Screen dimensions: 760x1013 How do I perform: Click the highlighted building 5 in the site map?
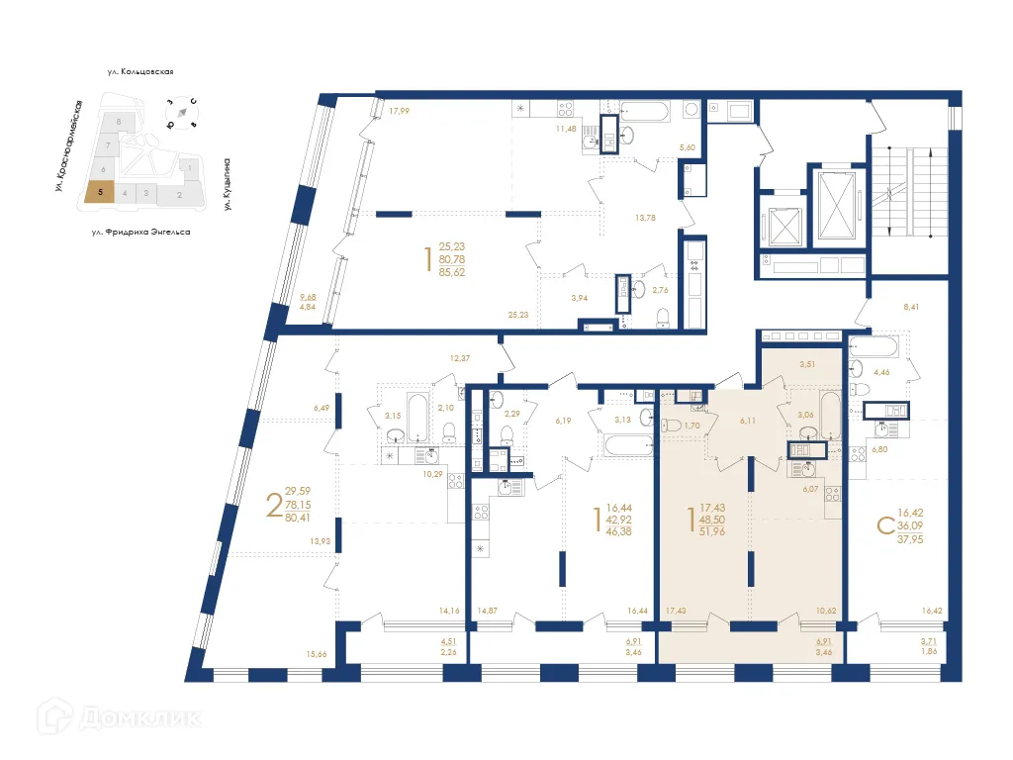point(99,194)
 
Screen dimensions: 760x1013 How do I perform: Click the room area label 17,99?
point(399,111)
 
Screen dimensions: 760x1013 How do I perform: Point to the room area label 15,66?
point(316,653)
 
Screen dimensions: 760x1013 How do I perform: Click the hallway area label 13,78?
point(645,217)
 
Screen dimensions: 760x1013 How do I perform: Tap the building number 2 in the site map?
point(179,195)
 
